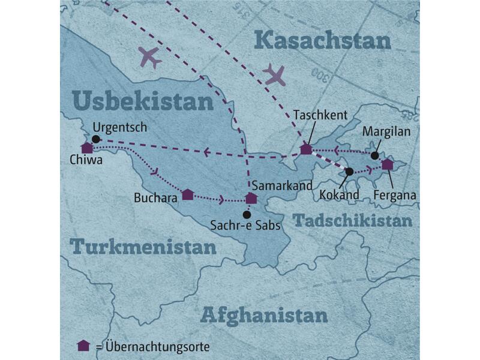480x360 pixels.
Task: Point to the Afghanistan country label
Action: pyautogui.click(x=264, y=314)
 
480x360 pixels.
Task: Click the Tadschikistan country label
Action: pyautogui.click(x=353, y=220)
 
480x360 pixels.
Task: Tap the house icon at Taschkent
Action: pyautogui.click(x=306, y=149)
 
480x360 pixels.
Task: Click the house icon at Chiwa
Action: pyautogui.click(x=87, y=148)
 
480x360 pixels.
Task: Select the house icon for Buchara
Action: pyautogui.click(x=187, y=194)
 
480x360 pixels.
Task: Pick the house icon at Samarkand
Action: pyautogui.click(x=251, y=198)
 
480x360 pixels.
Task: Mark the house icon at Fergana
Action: pyautogui.click(x=387, y=164)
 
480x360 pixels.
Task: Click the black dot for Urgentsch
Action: pyautogui.click(x=96, y=139)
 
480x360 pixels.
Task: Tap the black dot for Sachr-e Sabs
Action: pyautogui.click(x=246, y=215)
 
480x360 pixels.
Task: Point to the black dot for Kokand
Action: pyautogui.click(x=349, y=172)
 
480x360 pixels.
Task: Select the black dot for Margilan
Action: pyautogui.click(x=374, y=156)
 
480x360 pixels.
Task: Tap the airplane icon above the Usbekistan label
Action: pyautogui.click(x=149, y=58)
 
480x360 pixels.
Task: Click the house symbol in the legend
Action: pyautogui.click(x=83, y=346)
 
